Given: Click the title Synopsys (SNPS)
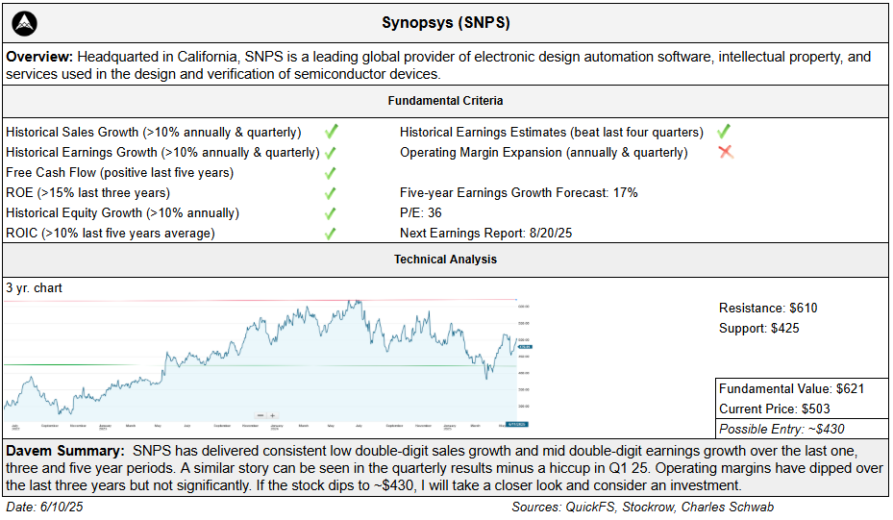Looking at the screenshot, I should pos(446,22).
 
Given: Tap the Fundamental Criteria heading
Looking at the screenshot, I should pos(446,101).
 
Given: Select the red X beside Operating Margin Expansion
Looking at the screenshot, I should pos(726,152).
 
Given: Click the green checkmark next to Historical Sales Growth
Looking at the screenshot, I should pos(331,132).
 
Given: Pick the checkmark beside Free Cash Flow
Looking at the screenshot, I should pos(331,173).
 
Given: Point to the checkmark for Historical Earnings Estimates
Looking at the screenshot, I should pos(723,132).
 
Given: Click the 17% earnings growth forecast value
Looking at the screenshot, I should pos(625,192).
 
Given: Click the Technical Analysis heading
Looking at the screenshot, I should pos(446,260).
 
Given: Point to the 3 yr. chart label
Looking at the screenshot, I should pos(34,287).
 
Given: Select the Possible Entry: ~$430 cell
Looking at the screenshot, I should pos(781,429).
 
